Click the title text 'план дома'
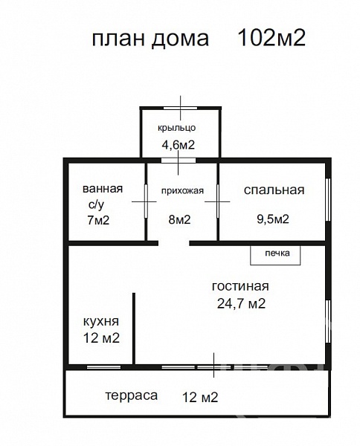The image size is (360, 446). (x=150, y=39)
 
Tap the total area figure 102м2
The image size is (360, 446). (x=271, y=38)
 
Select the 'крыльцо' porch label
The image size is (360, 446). (x=177, y=128)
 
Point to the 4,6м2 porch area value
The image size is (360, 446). (x=179, y=145)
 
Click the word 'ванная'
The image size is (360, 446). (x=103, y=189)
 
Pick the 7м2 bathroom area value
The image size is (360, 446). (x=98, y=220)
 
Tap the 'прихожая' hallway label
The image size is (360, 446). (x=182, y=191)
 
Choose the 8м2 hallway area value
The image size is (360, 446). (x=179, y=219)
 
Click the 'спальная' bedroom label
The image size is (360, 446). (x=274, y=190)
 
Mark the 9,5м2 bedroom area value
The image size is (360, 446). (x=273, y=219)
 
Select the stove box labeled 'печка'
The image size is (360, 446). (x=275, y=256)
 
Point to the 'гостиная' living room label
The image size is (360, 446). (x=240, y=287)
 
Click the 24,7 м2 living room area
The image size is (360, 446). (x=241, y=304)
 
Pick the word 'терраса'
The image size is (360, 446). (x=132, y=395)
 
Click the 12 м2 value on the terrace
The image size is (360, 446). (x=200, y=397)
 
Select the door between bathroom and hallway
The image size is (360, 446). (x=147, y=201)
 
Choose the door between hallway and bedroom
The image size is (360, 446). (x=218, y=201)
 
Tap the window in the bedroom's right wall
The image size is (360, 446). (x=328, y=200)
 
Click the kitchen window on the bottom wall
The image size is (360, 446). (x=103, y=367)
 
